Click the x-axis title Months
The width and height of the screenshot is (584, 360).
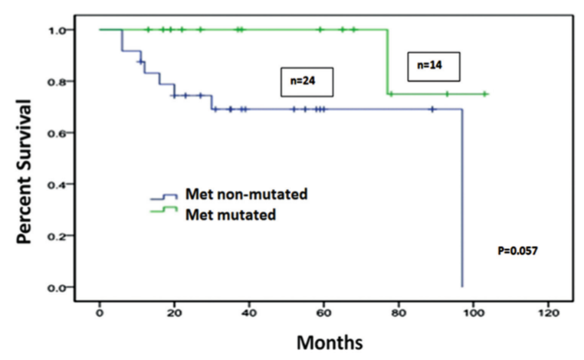tap(325, 339)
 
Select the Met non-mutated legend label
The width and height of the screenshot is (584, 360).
tap(246, 195)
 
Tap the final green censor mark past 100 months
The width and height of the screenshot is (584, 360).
tap(484, 94)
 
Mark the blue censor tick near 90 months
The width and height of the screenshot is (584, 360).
tap(433, 110)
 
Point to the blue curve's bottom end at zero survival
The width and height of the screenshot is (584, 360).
tap(462, 286)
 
